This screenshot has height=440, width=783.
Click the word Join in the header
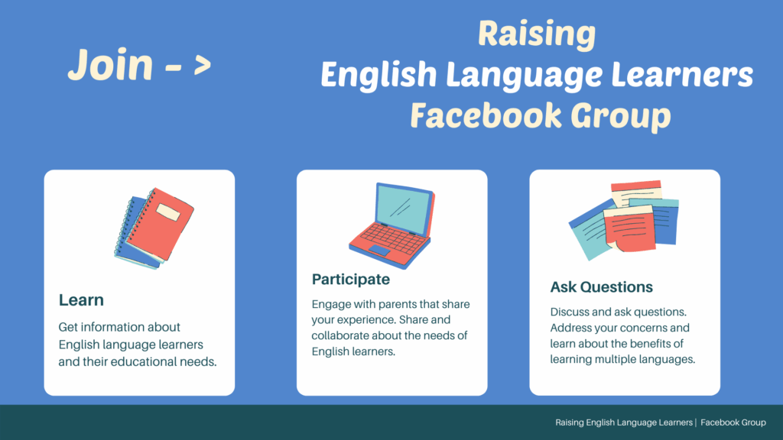coord(110,64)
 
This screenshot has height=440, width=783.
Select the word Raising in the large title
coord(536,35)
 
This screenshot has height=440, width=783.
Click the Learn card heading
coord(81,300)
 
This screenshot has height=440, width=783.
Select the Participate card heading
coord(351,279)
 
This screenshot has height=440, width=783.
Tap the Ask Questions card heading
coord(602,287)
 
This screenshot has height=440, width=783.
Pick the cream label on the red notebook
coord(168,212)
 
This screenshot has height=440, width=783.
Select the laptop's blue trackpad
coord(379,251)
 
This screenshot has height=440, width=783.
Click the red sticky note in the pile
coord(629,230)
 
